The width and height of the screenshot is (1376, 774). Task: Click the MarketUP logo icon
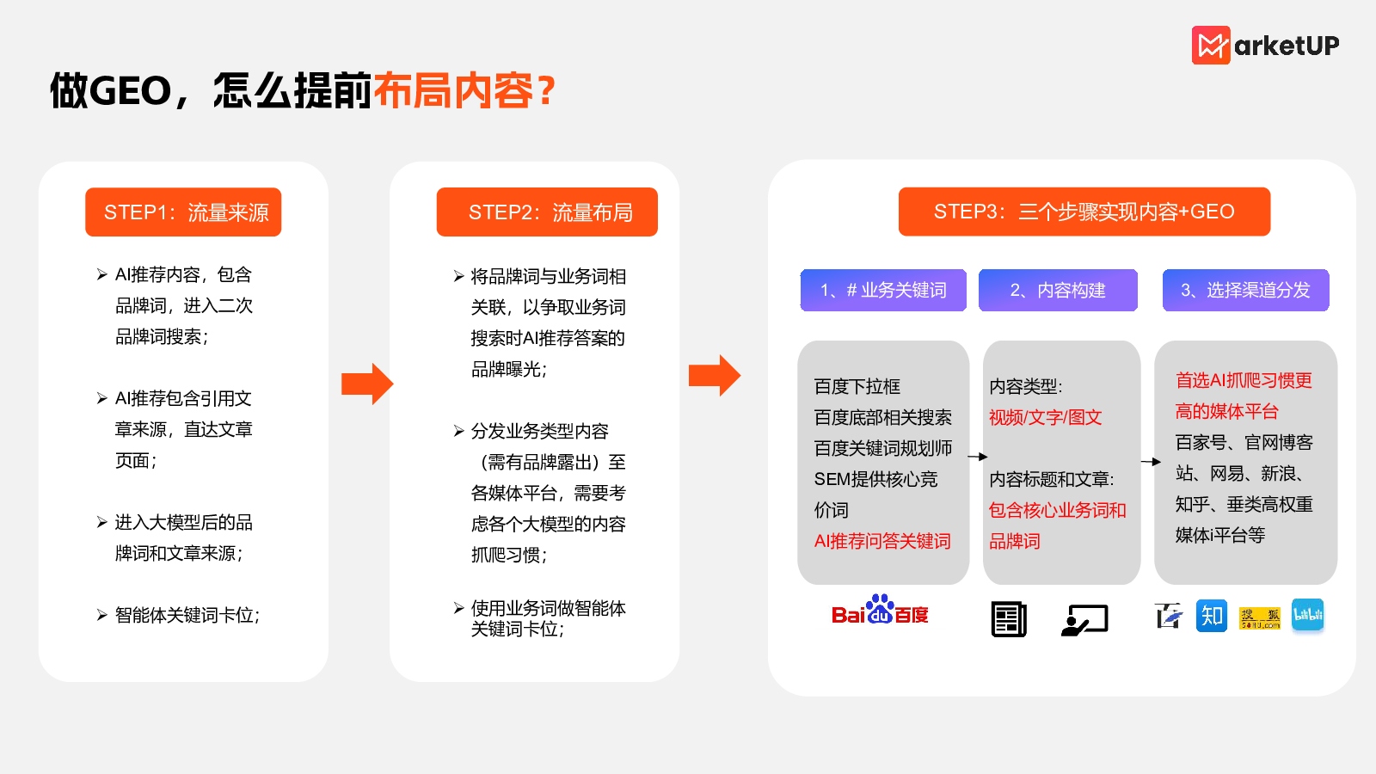pyautogui.click(x=1211, y=45)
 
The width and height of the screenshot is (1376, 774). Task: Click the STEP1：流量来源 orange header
pyautogui.click(x=183, y=212)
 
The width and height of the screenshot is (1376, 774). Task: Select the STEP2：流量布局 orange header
pyautogui.click(x=547, y=212)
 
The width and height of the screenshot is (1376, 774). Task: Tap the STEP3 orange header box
pyautogui.click(x=1084, y=212)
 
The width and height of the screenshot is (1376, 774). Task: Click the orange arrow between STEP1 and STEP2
pyautogui.click(x=367, y=384)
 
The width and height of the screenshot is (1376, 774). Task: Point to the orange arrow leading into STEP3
pyautogui.click(x=715, y=375)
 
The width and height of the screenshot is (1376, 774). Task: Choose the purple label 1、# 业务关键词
pyautogui.click(x=883, y=290)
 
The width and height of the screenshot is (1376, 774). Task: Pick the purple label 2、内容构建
pyautogui.click(x=1058, y=290)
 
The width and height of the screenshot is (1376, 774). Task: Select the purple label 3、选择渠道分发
pyautogui.click(x=1246, y=290)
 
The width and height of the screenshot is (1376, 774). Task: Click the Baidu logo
pyautogui.click(x=880, y=610)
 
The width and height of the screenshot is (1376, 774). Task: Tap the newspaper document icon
pyautogui.click(x=1009, y=619)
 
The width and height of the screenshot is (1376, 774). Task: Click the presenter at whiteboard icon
pyautogui.click(x=1084, y=620)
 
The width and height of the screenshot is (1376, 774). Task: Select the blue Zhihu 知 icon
pyautogui.click(x=1212, y=616)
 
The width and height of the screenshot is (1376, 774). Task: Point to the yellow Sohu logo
pyautogui.click(x=1260, y=618)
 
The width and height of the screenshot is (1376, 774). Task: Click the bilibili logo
pyautogui.click(x=1308, y=615)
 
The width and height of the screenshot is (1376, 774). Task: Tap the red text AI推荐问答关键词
pyautogui.click(x=882, y=541)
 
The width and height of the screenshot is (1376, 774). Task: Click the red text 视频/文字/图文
pyautogui.click(x=1045, y=418)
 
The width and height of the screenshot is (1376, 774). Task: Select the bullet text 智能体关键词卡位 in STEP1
pyautogui.click(x=187, y=615)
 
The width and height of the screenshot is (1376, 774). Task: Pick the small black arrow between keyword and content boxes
pyautogui.click(x=977, y=457)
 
